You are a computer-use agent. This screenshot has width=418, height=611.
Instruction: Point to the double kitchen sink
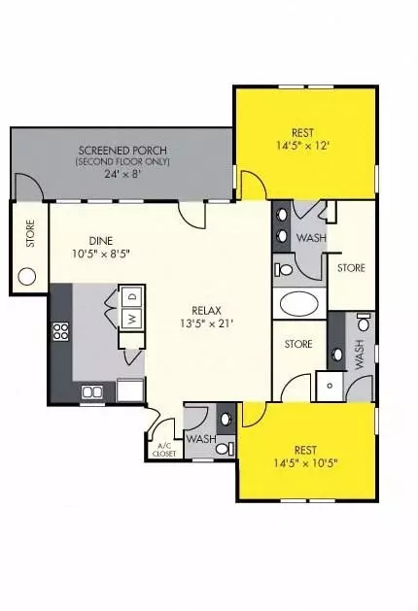pyautogui.click(x=93, y=392)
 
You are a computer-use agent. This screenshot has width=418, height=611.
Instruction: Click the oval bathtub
pyautogui.click(x=299, y=305)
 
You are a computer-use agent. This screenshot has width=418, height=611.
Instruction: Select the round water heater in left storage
pyautogui.click(x=26, y=277)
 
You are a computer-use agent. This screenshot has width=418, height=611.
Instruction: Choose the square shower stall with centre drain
pyautogui.click(x=330, y=385)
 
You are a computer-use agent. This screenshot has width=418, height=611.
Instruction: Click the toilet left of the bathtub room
pyautogui.click(x=284, y=269)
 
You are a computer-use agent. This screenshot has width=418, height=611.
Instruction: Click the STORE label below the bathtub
pyautogui.click(x=298, y=343)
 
